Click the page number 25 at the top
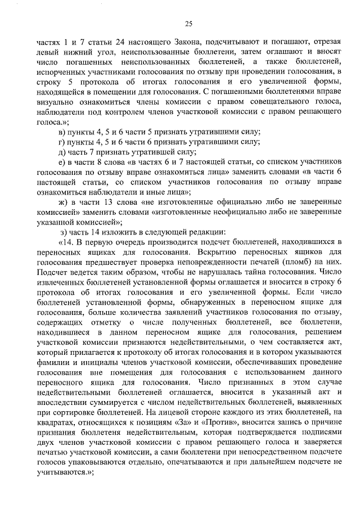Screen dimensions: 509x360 pyautogui.click(x=188, y=23)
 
